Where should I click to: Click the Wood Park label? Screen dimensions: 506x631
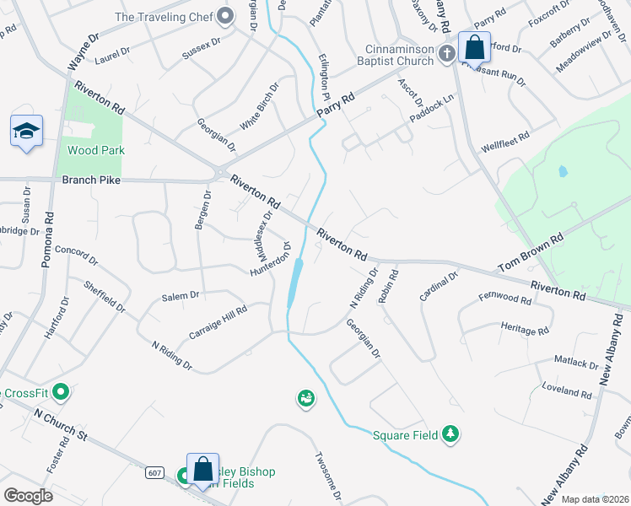95,150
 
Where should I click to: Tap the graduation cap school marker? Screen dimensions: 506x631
27,132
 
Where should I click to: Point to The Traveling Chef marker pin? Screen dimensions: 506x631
224,16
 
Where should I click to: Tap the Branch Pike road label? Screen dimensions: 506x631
91,180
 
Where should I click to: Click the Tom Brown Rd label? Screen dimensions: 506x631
530,254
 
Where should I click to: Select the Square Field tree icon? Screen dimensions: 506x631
451,434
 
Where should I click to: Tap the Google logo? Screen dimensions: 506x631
28,495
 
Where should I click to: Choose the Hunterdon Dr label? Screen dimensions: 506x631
270,260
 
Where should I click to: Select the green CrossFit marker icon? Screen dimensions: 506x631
60,393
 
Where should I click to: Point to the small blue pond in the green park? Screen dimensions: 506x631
562,172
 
